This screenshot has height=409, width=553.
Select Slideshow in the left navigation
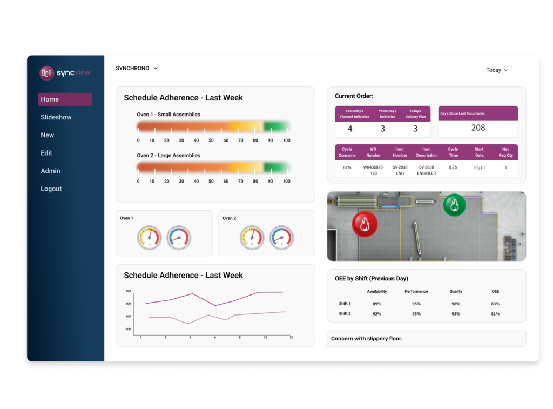point(56,117)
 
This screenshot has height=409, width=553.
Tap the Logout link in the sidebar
point(51,189)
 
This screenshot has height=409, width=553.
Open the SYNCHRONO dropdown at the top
point(137,69)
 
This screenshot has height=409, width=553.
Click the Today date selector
point(497,70)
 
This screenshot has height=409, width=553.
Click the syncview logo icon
point(47,73)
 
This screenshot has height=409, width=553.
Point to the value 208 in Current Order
point(478,128)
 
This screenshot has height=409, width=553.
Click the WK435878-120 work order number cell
point(373,170)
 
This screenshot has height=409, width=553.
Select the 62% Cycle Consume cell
point(347,167)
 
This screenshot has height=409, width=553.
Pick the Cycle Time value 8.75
point(453,167)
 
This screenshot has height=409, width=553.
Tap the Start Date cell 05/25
point(479,167)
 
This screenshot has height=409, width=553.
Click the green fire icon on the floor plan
point(454,205)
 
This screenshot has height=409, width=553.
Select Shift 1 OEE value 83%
point(495,304)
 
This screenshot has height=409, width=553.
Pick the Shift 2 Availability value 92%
point(377,314)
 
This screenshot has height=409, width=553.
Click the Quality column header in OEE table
point(456,292)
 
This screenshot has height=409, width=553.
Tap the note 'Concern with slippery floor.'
point(367,339)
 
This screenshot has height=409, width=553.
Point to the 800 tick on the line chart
point(129,291)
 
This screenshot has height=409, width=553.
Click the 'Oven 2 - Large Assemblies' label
point(168,156)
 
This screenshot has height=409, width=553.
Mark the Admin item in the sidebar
point(50,171)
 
